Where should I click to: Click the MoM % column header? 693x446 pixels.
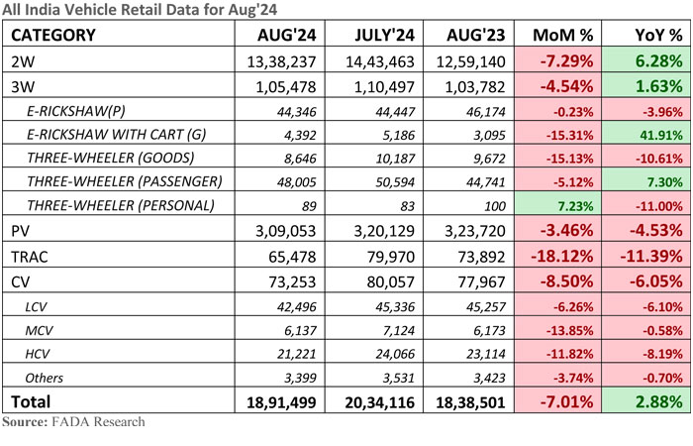562,35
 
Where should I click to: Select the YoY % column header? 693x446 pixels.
658,35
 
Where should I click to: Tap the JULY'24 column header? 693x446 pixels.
384,35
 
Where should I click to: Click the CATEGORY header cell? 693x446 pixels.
53,35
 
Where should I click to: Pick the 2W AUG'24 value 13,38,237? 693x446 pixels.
281,61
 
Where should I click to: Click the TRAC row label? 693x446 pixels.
29,257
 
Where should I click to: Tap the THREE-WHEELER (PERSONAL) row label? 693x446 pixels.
121,206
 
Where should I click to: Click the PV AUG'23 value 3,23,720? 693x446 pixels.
474,231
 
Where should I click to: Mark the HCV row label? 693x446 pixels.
38,354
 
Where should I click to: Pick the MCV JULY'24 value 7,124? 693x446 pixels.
399,330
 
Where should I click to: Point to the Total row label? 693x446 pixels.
31,401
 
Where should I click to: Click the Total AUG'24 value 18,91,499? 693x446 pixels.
281,402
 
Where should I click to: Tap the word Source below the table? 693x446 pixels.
25,421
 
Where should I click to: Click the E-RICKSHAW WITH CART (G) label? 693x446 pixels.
117,135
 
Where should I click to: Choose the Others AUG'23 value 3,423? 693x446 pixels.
489,378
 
